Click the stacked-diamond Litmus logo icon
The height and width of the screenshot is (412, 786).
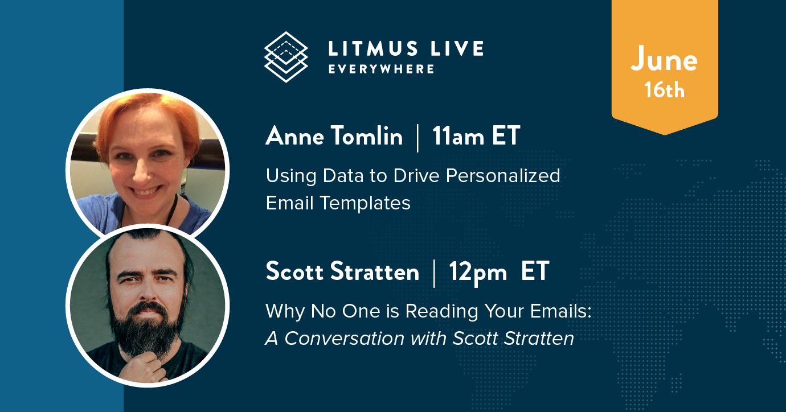[x=286, y=57]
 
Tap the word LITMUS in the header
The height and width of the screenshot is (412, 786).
[x=373, y=48]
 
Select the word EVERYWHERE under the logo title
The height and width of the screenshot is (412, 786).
[x=381, y=69]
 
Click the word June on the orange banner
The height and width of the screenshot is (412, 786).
[x=664, y=60]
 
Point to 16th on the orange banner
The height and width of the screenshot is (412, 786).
[x=664, y=90]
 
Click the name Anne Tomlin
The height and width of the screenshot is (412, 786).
[x=334, y=135]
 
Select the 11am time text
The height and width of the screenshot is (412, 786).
[x=459, y=136]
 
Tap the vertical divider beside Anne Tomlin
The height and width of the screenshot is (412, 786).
[x=417, y=138]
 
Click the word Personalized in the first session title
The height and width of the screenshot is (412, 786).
[x=503, y=175]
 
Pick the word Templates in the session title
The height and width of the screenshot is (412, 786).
[x=365, y=203]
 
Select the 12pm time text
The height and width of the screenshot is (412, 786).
[x=478, y=272]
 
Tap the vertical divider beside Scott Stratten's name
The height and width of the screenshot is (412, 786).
[x=435, y=274]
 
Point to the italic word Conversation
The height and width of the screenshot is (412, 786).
[x=344, y=339]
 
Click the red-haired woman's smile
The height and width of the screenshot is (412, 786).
[x=144, y=192]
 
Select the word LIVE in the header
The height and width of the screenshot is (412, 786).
[x=457, y=48]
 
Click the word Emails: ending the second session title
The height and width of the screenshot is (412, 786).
[x=560, y=311]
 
